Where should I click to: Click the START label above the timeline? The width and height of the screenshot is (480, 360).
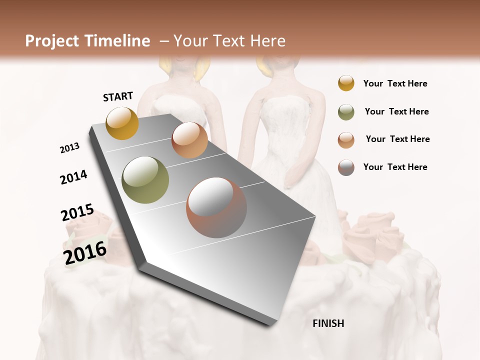point(118,96)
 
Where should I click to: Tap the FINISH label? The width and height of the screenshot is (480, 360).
point(328,323)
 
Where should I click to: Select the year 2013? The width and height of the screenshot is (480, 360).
point(70,148)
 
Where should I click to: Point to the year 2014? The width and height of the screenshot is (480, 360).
point(74,177)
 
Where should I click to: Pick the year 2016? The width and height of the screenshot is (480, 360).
point(85,252)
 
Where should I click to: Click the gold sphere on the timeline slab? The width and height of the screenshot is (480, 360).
point(122,123)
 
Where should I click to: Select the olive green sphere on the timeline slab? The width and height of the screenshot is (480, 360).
point(145,180)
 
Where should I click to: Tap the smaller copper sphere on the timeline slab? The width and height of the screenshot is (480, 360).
point(189,140)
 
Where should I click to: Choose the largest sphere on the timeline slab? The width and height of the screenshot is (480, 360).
point(216,207)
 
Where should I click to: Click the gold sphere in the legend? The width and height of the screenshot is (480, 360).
point(346,83)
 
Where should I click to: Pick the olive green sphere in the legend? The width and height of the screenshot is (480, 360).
point(346,112)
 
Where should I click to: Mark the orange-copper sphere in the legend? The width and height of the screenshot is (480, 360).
point(346,140)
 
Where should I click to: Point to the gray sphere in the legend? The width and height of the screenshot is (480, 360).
point(346,167)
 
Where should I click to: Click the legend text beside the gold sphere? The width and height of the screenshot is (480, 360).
point(395,83)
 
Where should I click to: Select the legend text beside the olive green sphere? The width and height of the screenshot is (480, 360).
point(396,111)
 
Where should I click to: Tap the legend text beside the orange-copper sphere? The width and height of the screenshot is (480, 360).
point(397,139)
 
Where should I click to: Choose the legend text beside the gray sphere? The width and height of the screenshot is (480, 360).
point(395,167)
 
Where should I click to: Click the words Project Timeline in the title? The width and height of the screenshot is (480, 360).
point(87,41)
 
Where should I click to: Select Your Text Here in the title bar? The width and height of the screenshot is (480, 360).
point(229,41)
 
